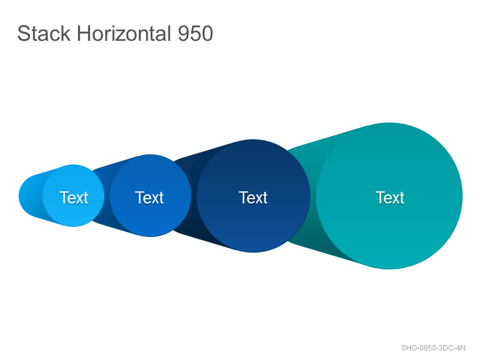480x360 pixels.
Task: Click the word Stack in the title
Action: pyautogui.click(x=44, y=34)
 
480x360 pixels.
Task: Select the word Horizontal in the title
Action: pyautogui.click(x=124, y=34)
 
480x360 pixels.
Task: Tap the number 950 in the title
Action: pyautogui.click(x=196, y=34)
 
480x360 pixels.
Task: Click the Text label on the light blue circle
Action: pyautogui.click(x=74, y=197)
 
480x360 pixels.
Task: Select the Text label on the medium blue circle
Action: pyautogui.click(x=149, y=197)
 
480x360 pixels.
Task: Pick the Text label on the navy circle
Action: pyautogui.click(x=253, y=197)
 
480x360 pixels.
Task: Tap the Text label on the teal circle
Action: pyautogui.click(x=390, y=197)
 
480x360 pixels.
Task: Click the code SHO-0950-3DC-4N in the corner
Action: pyautogui.click(x=433, y=348)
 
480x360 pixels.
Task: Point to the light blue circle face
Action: pyautogui.click(x=73, y=196)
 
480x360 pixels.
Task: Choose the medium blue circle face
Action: pyautogui.click(x=151, y=196)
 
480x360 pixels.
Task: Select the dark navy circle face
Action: pyautogui.click(x=253, y=196)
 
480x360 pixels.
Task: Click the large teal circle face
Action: pyautogui.click(x=389, y=196)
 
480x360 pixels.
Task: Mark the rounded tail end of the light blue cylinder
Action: pyautogui.click(x=28, y=196)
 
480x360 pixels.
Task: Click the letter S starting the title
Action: pyautogui.click(x=23, y=34)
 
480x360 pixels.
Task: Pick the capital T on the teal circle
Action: pyautogui.click(x=380, y=197)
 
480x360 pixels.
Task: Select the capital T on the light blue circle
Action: pyautogui.click(x=64, y=197)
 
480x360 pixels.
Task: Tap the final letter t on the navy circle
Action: pyautogui.click(x=265, y=198)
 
